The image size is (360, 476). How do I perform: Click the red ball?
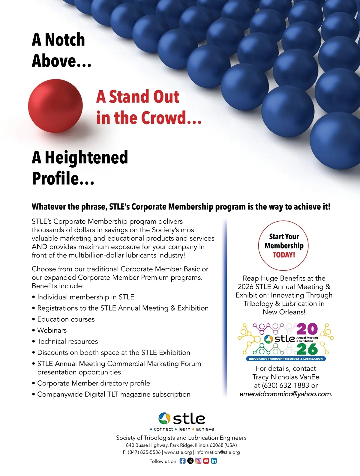coord(55,106)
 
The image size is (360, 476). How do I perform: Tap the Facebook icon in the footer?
coord(182,461)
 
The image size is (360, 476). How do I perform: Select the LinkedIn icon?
coord(214,461)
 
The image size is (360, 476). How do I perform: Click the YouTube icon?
coord(206,461)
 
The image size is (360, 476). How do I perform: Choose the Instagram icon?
coord(198,461)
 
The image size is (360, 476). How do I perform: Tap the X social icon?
coord(190,461)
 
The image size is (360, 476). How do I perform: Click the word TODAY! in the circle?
coord(284,255)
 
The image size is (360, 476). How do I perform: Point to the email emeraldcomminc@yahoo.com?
coord(285,394)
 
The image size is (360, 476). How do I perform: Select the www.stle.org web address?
coord(178,452)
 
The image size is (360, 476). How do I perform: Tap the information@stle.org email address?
coord(217,452)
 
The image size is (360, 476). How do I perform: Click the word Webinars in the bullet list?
coord(52,330)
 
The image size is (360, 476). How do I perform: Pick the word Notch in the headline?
coord(64,40)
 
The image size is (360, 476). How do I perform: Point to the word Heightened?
coord(86,157)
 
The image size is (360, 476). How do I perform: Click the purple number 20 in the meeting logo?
coord(307,329)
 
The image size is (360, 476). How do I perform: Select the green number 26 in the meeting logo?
coord(307,349)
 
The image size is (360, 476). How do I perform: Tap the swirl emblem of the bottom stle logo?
coord(164,418)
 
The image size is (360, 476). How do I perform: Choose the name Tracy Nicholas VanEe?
coord(286,377)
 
